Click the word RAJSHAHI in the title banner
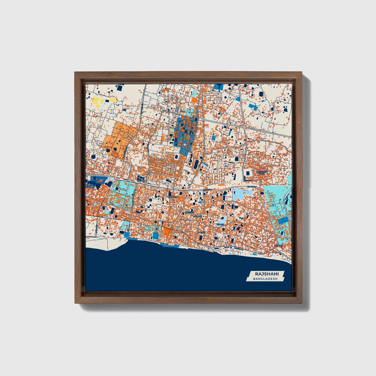tap(263, 274)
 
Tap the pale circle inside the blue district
tap(184, 144)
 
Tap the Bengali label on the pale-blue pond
tap(220, 224)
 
